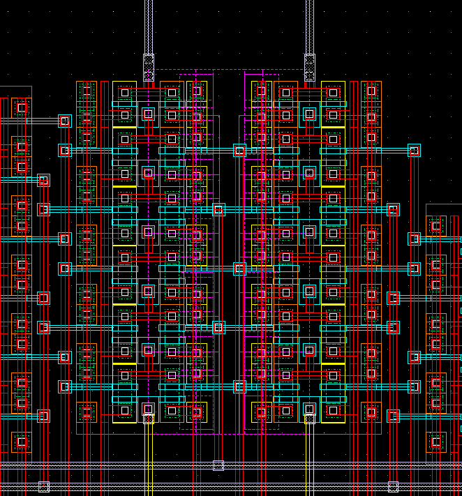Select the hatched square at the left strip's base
[x=149, y=68]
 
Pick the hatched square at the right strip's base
[x=309, y=68]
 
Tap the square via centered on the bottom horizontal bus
[x=218, y=465]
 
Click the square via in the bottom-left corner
[x=43, y=486]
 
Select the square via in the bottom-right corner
[x=393, y=486]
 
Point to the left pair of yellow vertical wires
[x=149, y=457]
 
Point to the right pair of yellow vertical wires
[x=309, y=457]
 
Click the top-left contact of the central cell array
[x=125, y=92]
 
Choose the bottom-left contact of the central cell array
[x=125, y=411]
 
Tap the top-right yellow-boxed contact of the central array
[x=333, y=92]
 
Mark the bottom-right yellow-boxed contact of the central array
[x=333, y=411]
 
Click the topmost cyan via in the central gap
[x=239, y=150]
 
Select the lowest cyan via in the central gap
[x=239, y=386]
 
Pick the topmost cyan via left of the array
[x=65, y=121]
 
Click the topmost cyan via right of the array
[x=414, y=150]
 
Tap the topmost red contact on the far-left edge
[x=22, y=107]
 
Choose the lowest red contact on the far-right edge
[x=436, y=441]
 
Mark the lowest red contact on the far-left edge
[x=22, y=442]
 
